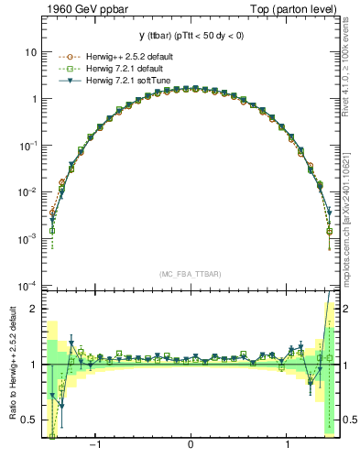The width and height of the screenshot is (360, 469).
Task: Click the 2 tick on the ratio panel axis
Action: click(34, 309)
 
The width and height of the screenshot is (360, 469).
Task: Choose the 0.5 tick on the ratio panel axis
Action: click(30, 420)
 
